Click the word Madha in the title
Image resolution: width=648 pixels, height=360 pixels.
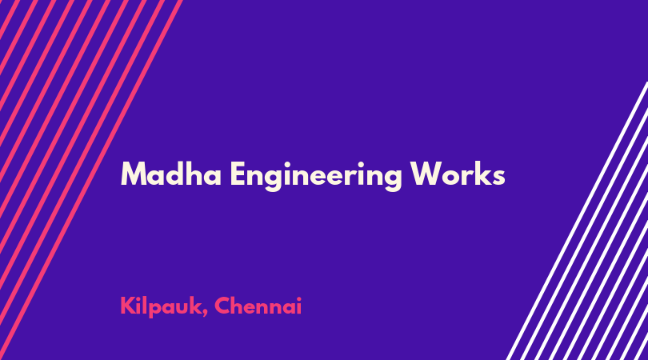coord(170,174)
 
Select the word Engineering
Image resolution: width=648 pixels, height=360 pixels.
coord(316,177)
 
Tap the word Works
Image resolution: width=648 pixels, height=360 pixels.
coord(458,174)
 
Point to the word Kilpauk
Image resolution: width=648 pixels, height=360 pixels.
coord(159,307)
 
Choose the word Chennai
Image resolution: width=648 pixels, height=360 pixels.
coord(258,306)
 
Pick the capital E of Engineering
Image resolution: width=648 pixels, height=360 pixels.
coord(238,174)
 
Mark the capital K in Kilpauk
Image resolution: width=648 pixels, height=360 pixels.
coord(128,306)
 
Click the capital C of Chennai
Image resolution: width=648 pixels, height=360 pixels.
coord(222,306)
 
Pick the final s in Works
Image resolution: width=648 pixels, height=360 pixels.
coord(498,178)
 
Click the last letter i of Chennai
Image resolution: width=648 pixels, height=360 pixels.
coord(298,306)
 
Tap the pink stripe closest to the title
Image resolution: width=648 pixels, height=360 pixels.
coord(91,180)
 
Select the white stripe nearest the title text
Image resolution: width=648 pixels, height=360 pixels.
coord(577,221)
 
